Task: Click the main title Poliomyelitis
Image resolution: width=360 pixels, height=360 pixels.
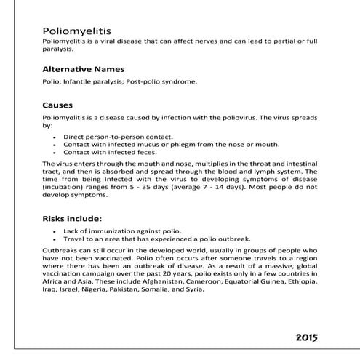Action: click(76, 32)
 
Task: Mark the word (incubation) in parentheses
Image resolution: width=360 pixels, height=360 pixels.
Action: click(63, 188)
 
